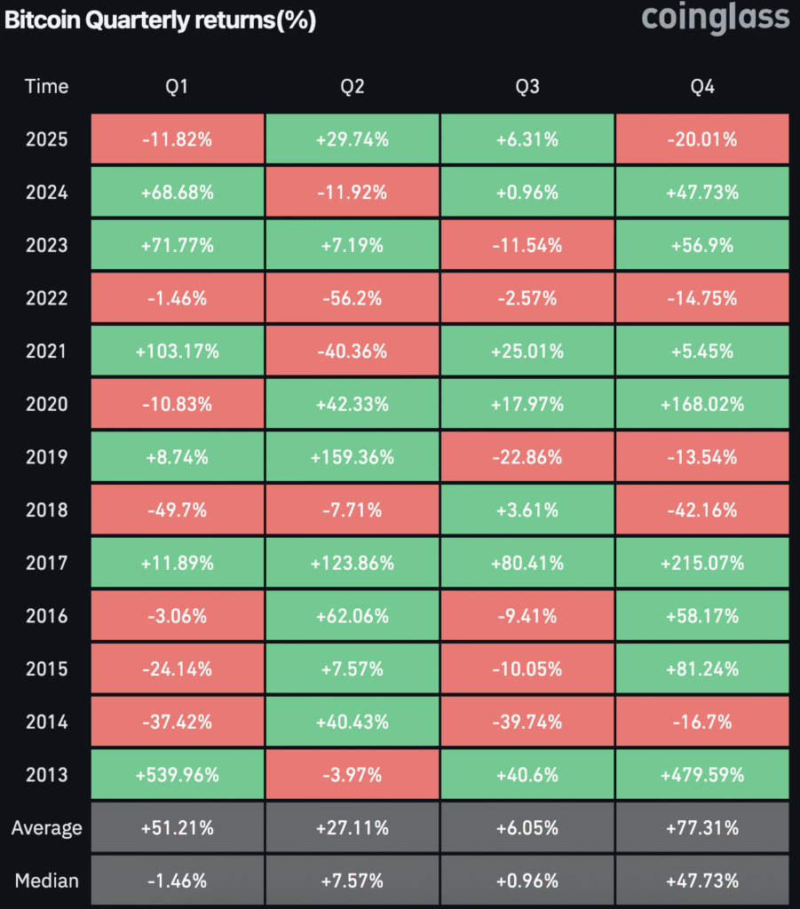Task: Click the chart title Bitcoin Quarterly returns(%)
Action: (x=160, y=20)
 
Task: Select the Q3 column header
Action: (x=527, y=86)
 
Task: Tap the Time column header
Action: (x=46, y=86)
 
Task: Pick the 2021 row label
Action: (x=46, y=352)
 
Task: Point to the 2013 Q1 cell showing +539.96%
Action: (x=177, y=775)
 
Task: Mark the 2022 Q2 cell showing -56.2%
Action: (x=352, y=298)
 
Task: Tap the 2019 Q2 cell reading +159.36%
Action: (x=352, y=457)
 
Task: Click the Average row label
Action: (x=46, y=828)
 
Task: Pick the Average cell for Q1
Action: (x=177, y=828)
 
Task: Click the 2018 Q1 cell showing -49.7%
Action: (x=177, y=510)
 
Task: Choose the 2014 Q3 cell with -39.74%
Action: (x=527, y=722)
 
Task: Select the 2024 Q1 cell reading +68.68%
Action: (x=177, y=193)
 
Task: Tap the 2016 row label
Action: (x=46, y=616)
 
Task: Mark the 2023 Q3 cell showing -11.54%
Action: (x=527, y=245)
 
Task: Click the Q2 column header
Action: (x=352, y=86)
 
